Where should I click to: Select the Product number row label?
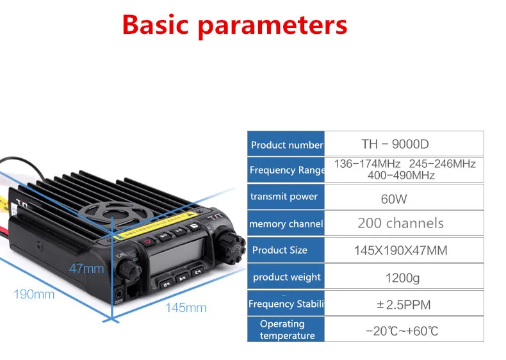(286, 145)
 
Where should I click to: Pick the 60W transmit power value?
(393, 199)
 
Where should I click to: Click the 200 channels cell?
(400, 224)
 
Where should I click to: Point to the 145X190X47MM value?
(400, 250)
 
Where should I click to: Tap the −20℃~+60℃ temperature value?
(402, 331)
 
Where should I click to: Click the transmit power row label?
(284, 197)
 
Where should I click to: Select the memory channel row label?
(286, 224)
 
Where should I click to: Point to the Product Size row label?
(280, 250)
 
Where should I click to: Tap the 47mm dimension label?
(86, 268)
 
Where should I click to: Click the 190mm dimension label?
(34, 295)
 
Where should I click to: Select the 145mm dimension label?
(186, 308)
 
